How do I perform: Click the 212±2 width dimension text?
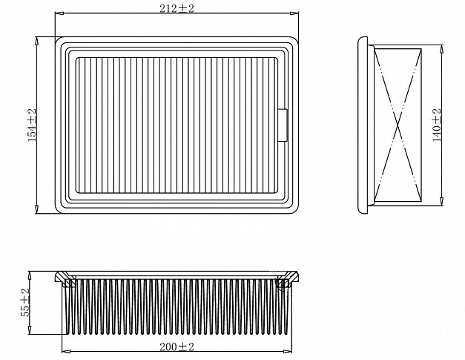click(x=177, y=8)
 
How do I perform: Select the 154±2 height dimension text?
click(x=32, y=125)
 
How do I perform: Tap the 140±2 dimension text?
click(x=437, y=125)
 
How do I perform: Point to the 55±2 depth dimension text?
click(x=25, y=302)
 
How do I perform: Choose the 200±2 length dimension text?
click(x=177, y=347)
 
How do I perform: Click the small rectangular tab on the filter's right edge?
click(x=283, y=125)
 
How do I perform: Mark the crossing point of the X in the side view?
click(x=398, y=125)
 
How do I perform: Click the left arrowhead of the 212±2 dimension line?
click(x=59, y=13)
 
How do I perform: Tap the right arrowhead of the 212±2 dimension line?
click(x=294, y=13)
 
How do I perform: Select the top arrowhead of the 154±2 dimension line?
click(x=37, y=41)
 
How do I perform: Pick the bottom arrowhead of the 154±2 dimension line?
click(x=37, y=209)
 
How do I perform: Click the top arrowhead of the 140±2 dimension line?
click(x=441, y=49)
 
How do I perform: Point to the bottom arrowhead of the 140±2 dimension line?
click(x=441, y=201)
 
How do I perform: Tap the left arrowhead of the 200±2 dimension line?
click(x=66, y=352)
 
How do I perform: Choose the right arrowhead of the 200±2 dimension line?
click(x=288, y=352)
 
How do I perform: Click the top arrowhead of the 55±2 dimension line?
click(x=30, y=275)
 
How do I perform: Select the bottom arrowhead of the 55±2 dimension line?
click(x=30, y=330)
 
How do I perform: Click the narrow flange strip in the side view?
click(x=363, y=125)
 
